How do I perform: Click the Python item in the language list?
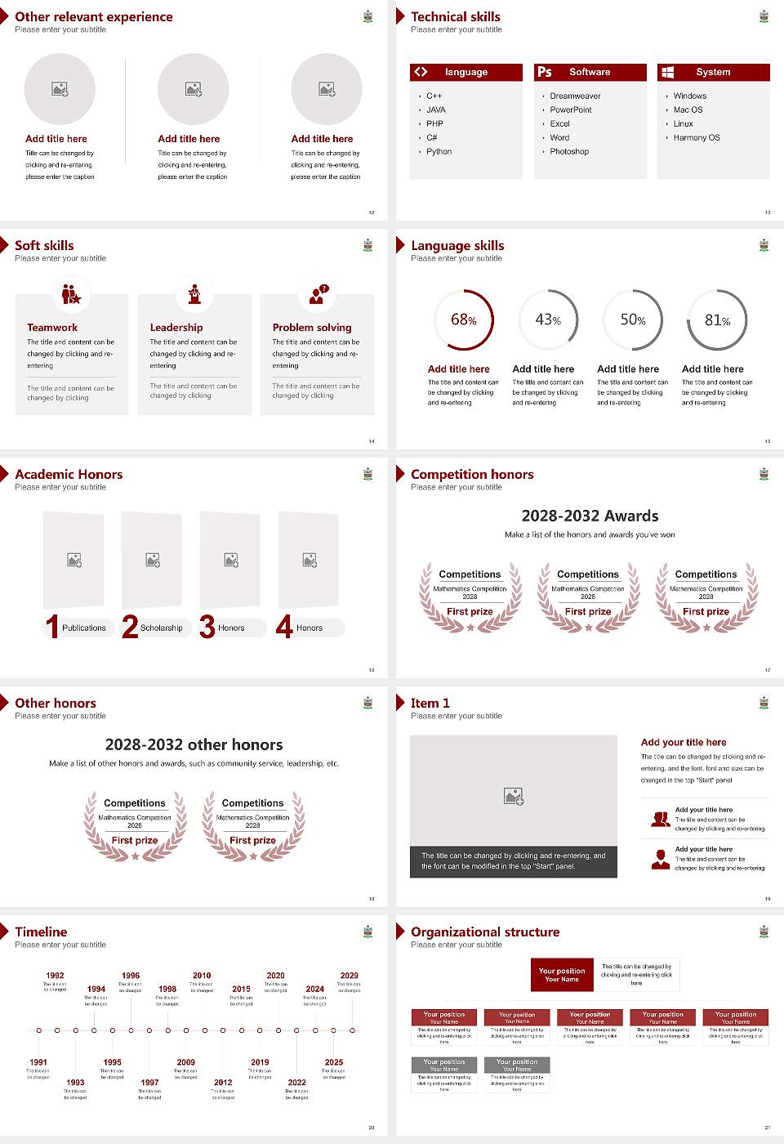pos(439,152)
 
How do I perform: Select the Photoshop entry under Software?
pos(569,152)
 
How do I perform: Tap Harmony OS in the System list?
pos(697,138)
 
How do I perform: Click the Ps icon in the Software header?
pos(545,72)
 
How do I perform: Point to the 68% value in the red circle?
pos(464,320)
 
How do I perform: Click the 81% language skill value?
pos(717,320)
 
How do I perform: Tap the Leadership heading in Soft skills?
pos(176,328)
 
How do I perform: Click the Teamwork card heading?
pos(52,328)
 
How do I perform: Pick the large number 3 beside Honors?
pos(207,627)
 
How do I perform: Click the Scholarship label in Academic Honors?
pos(161,628)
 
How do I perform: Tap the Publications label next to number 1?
pos(84,628)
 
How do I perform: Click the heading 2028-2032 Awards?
pos(590,516)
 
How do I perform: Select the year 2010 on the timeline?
pos(202,976)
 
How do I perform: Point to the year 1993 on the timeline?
pos(75,1082)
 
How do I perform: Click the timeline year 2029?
pos(349,976)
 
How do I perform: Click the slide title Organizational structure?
pos(485,932)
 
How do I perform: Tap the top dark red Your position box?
pos(562,975)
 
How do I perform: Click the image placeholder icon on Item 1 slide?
pos(514,796)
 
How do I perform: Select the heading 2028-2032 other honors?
pos(194,744)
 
